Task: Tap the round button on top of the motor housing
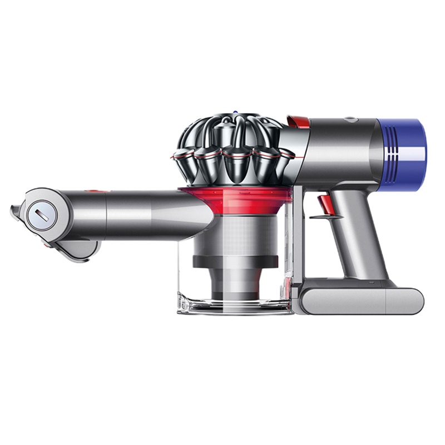coord(350,118)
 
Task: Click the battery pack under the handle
coord(362,300)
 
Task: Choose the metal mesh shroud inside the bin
coord(239,234)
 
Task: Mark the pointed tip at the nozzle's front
coord(13,210)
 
